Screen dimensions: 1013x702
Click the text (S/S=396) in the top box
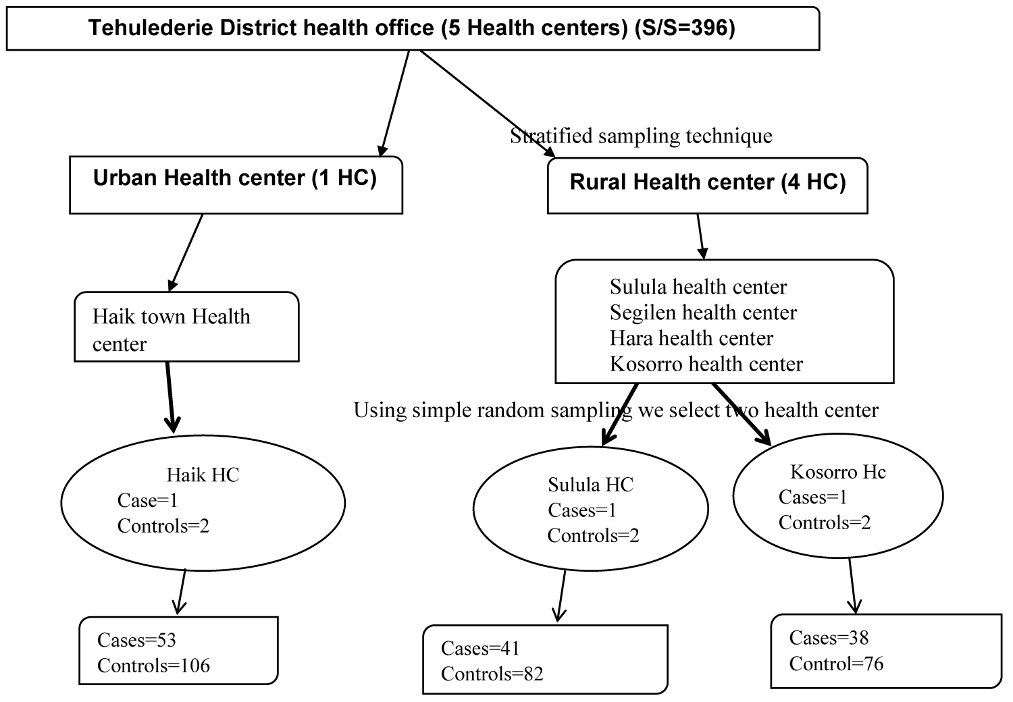(685, 28)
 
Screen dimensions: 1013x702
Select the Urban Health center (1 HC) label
(235, 178)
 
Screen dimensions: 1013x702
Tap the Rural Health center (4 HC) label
(708, 182)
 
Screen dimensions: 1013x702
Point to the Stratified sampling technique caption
(642, 136)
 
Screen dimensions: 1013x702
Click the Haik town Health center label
(172, 330)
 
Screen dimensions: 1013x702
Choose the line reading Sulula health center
(698, 287)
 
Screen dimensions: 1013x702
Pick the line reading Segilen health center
(703, 313)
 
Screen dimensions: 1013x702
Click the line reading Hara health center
(692, 338)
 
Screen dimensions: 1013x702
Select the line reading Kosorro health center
(706, 364)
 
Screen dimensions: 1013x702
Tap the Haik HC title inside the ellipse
(203, 475)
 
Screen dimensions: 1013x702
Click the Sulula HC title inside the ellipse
(591, 485)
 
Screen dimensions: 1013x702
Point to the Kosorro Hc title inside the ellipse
(838, 472)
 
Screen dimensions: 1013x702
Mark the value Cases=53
(136, 640)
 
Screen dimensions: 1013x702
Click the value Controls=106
(154, 666)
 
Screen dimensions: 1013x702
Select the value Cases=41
(480, 648)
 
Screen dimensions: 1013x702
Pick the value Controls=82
(492, 674)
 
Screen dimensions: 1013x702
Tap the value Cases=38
(829, 638)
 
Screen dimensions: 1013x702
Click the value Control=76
(837, 664)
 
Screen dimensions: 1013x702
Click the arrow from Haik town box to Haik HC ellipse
(170, 398)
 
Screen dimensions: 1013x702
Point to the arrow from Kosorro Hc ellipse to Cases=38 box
(852, 586)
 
